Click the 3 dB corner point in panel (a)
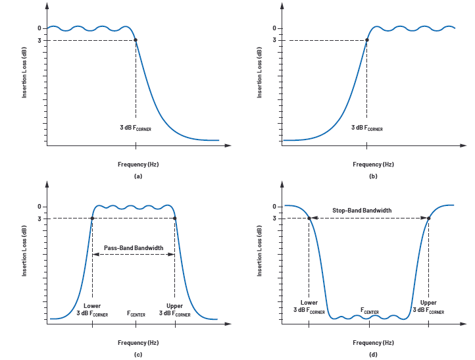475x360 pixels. click(x=136, y=40)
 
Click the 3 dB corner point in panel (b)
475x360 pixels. click(x=367, y=40)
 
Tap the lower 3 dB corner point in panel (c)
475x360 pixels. click(x=92, y=219)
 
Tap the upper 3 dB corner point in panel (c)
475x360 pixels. click(x=174, y=219)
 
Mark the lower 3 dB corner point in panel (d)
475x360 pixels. click(x=309, y=219)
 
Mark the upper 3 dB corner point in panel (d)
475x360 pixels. click(x=428, y=219)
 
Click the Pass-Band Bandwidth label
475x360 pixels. click(x=134, y=247)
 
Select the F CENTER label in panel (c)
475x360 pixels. click(x=136, y=314)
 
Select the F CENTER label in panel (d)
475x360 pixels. click(x=369, y=310)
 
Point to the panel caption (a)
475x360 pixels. click(x=137, y=176)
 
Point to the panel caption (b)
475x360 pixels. click(x=373, y=176)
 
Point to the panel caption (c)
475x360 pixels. click(x=137, y=355)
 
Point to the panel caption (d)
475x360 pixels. click(x=373, y=355)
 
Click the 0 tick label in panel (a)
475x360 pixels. click(x=39, y=28)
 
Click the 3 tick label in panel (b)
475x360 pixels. click(x=274, y=40)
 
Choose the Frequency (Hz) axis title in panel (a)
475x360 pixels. click(x=138, y=164)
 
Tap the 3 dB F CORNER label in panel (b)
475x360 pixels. click(x=366, y=128)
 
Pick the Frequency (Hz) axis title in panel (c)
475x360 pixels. click(x=138, y=342)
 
